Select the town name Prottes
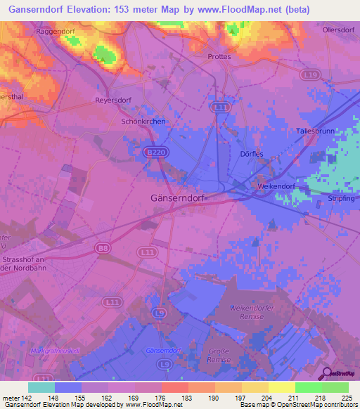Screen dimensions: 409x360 tap(219, 56)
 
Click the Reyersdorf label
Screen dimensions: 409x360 tap(113, 100)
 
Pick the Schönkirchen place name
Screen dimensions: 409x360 tap(143, 122)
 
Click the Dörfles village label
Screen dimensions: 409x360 tap(251, 155)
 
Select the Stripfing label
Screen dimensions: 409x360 tap(341, 199)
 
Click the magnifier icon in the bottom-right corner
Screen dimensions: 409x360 tap(326, 374)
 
